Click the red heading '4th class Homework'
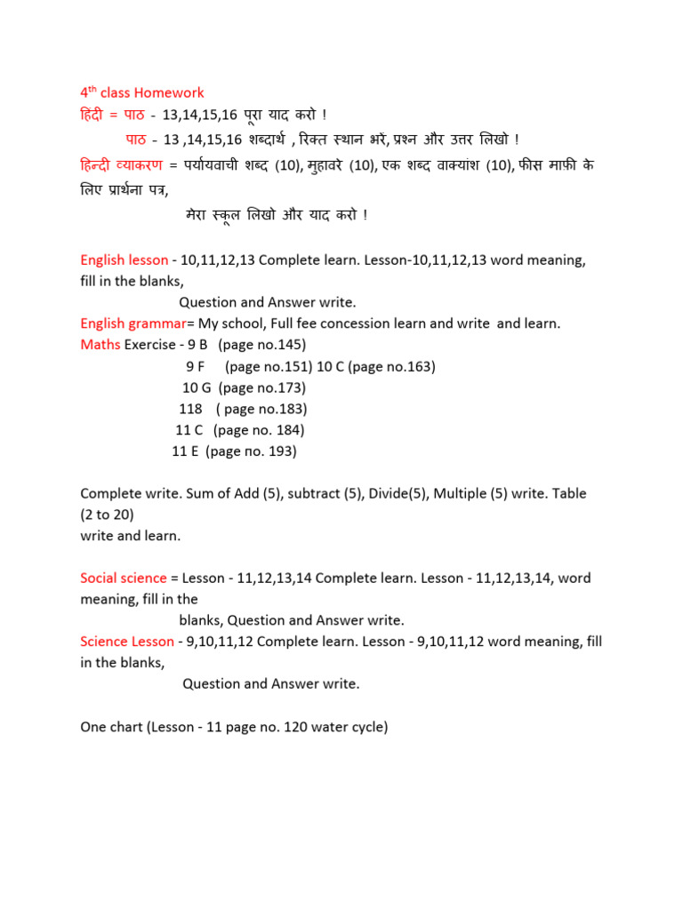[142, 92]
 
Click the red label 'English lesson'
[124, 260]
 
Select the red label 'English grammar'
[126, 323]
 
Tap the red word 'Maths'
[100, 345]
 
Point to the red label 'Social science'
[124, 578]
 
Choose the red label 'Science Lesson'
[127, 641]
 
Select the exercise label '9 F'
[196, 366]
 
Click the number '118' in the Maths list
[190, 409]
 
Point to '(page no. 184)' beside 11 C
[260, 430]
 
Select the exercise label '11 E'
[185, 451]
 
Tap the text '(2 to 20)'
[108, 515]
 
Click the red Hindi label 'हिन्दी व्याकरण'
[122, 164]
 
